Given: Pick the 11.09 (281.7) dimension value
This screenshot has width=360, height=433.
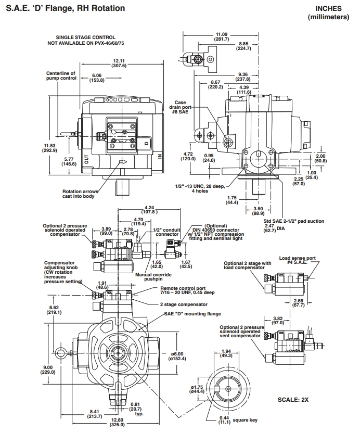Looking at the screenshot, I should coord(221,36).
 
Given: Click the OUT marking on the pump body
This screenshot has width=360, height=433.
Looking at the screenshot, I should coord(87,158).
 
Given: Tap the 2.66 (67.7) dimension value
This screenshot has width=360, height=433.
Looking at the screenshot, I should coord(298,303).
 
